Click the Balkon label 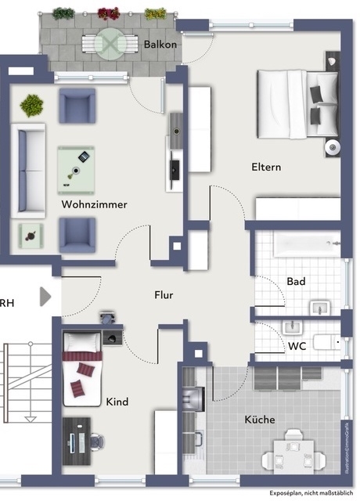tap(160, 45)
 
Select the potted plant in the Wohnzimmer tap(32, 105)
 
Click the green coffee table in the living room tap(76, 170)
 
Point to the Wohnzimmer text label tap(94, 204)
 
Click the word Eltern tap(266, 167)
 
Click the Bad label tap(296, 281)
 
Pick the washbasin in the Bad tap(320, 307)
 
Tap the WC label tap(296, 345)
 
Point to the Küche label tap(259, 420)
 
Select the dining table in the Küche tap(295, 452)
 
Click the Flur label tap(163, 295)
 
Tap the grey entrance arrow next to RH tap(46, 297)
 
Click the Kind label tap(117, 402)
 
